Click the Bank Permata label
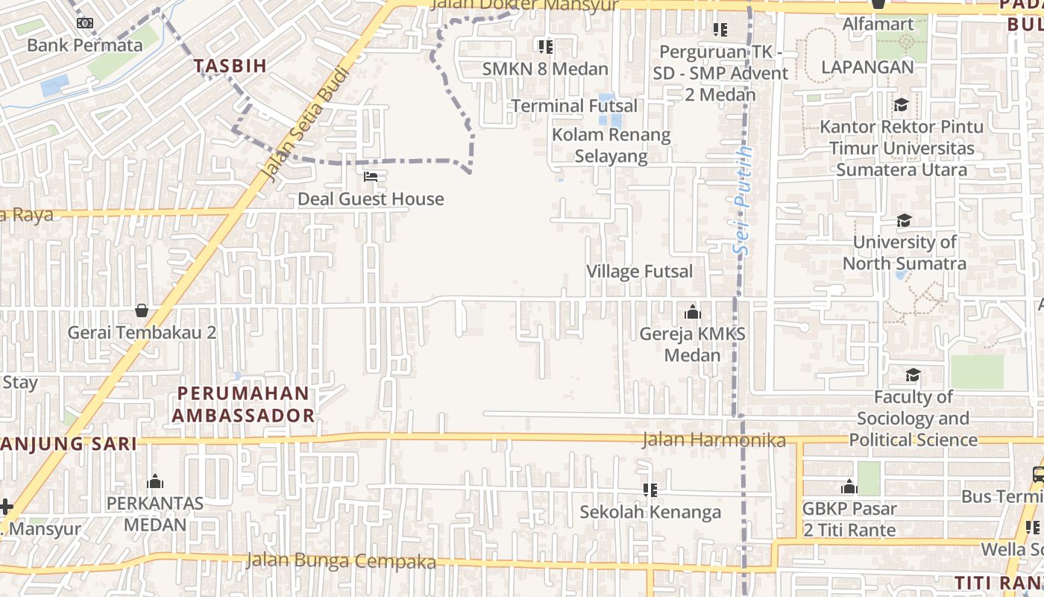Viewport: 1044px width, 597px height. (x=84, y=45)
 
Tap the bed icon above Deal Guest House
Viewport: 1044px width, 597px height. (x=371, y=177)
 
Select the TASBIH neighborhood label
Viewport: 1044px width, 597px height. (x=230, y=66)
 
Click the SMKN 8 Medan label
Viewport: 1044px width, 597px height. (x=545, y=69)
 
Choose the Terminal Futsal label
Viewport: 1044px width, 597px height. (x=574, y=106)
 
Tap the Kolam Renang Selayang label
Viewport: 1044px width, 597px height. (x=611, y=146)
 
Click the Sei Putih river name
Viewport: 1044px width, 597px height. (x=743, y=201)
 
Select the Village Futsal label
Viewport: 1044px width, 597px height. (x=639, y=271)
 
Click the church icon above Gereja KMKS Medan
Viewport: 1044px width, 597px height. (x=692, y=312)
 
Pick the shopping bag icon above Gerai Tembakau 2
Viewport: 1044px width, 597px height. (x=142, y=310)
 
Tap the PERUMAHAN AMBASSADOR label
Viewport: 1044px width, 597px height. (x=243, y=404)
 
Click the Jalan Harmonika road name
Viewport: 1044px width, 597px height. (x=714, y=440)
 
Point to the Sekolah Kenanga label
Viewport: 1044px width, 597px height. (x=650, y=512)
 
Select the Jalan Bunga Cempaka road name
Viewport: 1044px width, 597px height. (x=341, y=560)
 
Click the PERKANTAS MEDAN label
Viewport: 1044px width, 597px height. (x=155, y=513)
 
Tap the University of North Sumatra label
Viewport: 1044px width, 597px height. (x=904, y=253)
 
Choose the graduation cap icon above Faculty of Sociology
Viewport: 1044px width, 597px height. (x=913, y=375)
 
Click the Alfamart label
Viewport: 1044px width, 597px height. (x=878, y=24)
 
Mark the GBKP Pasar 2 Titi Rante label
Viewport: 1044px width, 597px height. (x=849, y=519)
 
